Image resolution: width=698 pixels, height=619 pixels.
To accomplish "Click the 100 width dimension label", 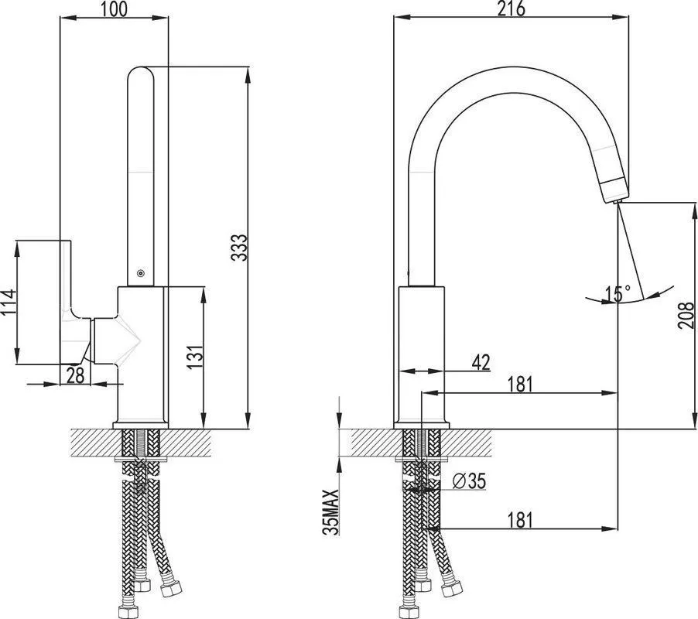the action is pyautogui.click(x=114, y=9).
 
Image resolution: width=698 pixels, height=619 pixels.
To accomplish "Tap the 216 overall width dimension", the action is pyautogui.click(x=511, y=9).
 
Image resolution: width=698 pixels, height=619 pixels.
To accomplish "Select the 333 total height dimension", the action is pyautogui.click(x=239, y=248).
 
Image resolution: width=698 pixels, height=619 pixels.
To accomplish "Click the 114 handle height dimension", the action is pyautogui.click(x=9, y=303).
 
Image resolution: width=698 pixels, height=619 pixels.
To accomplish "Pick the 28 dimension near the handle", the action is pyautogui.click(x=75, y=374).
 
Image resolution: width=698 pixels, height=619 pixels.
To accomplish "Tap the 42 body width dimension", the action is pyautogui.click(x=481, y=363).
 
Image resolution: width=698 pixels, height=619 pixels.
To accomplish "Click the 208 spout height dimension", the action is pyautogui.click(x=686, y=316).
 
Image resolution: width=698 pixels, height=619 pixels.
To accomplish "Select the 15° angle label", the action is pyautogui.click(x=618, y=293).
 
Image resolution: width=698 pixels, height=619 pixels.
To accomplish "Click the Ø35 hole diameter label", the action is pyautogui.click(x=469, y=481).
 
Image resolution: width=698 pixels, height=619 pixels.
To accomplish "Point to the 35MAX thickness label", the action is pyautogui.click(x=330, y=511).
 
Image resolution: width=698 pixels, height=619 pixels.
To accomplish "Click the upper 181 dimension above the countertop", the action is pyautogui.click(x=520, y=384).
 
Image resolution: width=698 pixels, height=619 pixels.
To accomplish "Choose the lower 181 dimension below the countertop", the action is pyautogui.click(x=520, y=519).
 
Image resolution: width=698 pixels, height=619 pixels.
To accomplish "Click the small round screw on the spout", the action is pyautogui.click(x=141, y=273).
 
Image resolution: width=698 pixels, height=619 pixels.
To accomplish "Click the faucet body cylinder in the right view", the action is pyautogui.click(x=422, y=353).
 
